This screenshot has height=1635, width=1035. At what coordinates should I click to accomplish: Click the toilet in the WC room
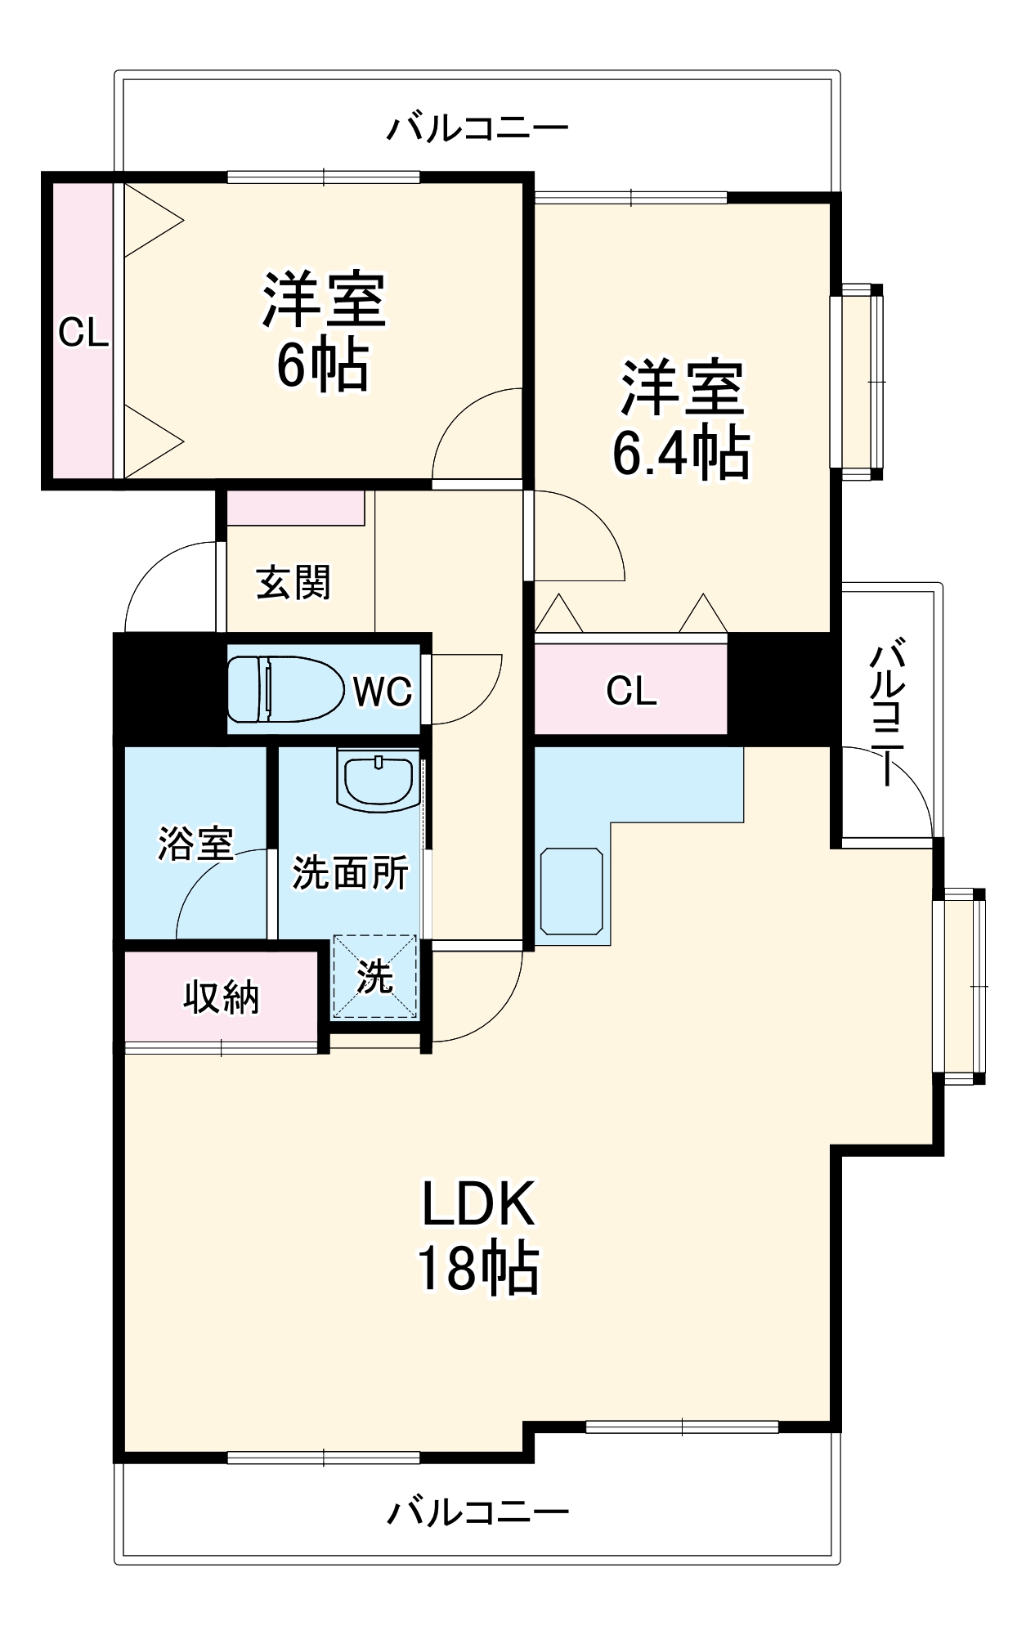tap(285, 689)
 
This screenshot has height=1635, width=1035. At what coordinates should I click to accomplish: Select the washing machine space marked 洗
tap(374, 978)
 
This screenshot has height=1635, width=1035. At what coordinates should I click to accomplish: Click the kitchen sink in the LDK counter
tap(571, 891)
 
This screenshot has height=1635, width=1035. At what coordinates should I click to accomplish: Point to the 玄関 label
tap(293, 584)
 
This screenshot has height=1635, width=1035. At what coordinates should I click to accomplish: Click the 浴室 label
tap(195, 843)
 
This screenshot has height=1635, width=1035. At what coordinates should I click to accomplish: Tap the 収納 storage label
tap(221, 997)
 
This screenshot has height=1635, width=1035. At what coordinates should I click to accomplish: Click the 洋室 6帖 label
tap(324, 331)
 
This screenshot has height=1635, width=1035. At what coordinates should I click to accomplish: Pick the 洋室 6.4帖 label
tap(682, 419)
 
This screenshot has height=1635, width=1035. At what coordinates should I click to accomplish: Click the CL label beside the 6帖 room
tap(83, 333)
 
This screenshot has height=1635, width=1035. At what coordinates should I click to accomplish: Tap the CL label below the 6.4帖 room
tap(630, 692)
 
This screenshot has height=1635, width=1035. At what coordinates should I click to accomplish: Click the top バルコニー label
tap(477, 128)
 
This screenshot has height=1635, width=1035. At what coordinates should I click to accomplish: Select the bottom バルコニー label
tap(477, 1512)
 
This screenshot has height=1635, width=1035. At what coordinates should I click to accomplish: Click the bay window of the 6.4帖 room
tap(858, 381)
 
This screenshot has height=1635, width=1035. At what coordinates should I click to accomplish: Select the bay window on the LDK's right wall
tap(961, 986)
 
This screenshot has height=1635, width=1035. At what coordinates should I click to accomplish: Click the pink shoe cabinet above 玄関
tap(295, 508)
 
